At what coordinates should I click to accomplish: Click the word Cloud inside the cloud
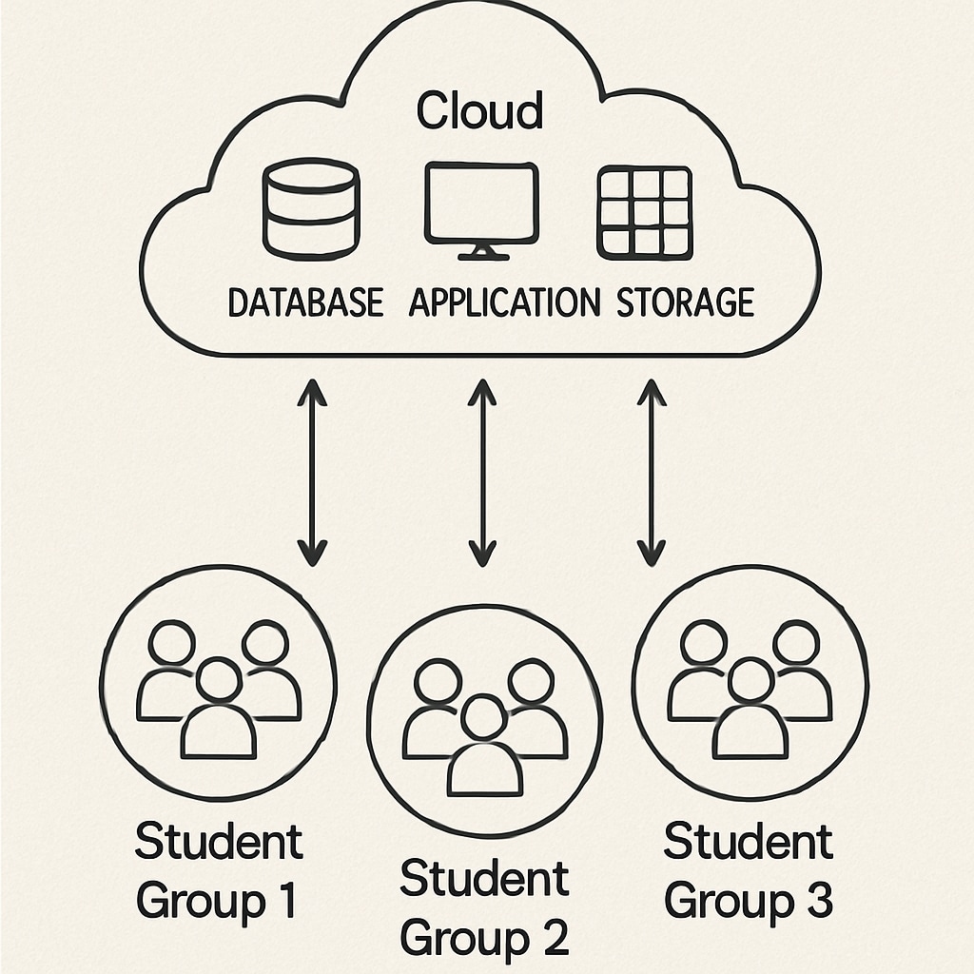point(480,111)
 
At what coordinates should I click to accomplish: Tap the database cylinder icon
point(310,209)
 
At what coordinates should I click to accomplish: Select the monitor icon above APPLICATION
point(481,205)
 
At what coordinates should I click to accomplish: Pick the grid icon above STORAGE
point(644,212)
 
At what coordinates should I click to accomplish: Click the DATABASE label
point(305,303)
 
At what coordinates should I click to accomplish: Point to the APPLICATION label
point(504,303)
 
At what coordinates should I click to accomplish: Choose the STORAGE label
point(685,303)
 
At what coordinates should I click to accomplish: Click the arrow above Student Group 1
point(312,472)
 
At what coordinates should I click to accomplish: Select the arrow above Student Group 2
point(482,472)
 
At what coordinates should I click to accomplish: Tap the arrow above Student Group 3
point(652,472)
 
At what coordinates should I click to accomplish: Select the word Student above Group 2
point(484,879)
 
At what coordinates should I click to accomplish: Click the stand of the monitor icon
point(482,252)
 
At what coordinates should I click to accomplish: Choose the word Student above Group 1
point(219,843)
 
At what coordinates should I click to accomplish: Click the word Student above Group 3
point(748,843)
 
